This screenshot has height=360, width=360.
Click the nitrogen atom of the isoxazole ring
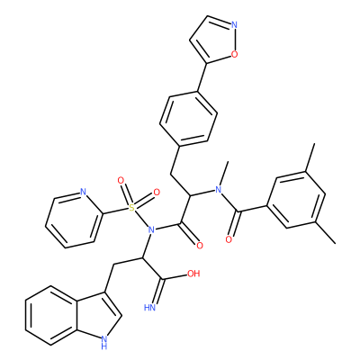click(234, 24)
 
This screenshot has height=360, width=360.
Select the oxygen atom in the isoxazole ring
click(234, 54)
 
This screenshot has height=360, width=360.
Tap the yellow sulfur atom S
click(131, 207)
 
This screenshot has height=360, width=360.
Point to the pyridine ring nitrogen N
click(83, 192)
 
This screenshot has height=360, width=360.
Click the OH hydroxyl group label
click(193, 274)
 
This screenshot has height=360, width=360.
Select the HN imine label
click(150, 308)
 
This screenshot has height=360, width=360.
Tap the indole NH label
click(103, 342)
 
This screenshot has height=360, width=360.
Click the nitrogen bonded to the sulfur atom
click(151, 230)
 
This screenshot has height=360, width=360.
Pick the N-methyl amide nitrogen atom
click(219, 189)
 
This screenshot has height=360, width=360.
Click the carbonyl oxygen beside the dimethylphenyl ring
click(229, 239)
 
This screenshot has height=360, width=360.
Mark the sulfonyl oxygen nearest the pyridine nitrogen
click(121, 181)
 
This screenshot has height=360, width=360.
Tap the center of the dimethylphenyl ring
click(296, 200)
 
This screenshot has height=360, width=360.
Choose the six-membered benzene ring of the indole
click(51, 315)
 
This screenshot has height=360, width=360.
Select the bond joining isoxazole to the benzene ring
click(202, 76)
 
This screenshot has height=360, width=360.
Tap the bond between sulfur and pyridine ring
click(115, 211)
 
